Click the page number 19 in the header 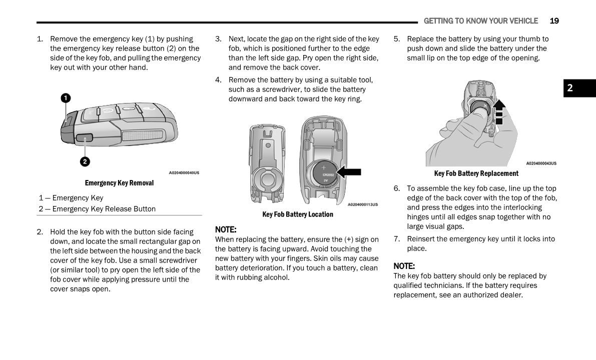[554, 21]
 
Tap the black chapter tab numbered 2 [579, 88]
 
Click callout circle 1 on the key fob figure [66, 97]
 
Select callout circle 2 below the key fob [85, 161]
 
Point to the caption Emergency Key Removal [119, 183]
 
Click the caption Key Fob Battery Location [297, 214]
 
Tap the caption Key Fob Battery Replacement [476, 173]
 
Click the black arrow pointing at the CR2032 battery [349, 171]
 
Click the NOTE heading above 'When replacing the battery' [225, 229]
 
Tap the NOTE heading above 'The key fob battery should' [404, 266]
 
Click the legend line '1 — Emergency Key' [71, 198]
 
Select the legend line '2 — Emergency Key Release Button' [97, 209]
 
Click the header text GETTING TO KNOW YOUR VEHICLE [480, 21]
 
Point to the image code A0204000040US [184, 172]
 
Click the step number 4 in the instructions [218, 80]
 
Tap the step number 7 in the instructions [396, 239]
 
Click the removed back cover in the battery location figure [267, 163]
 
